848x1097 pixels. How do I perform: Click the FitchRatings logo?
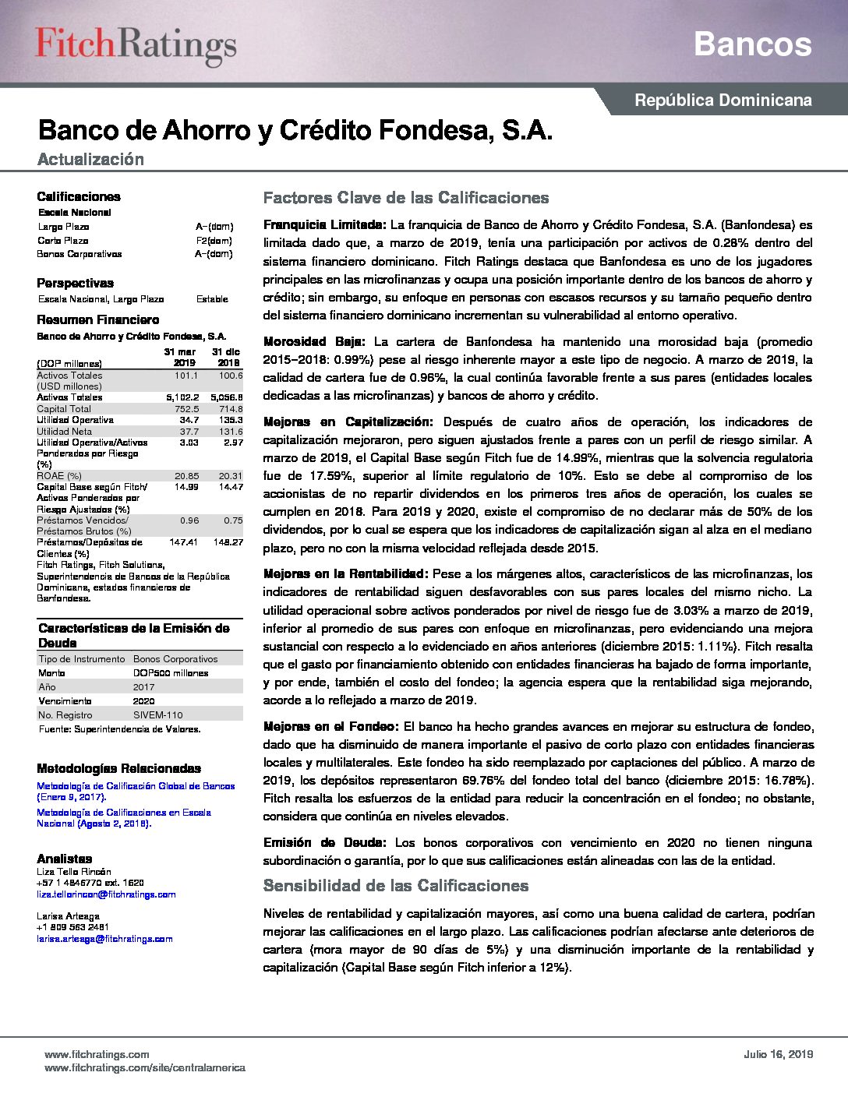point(136,45)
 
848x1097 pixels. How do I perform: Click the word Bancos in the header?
point(752,44)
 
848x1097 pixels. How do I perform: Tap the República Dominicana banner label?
point(723,101)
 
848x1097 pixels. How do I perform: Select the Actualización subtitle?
point(90,160)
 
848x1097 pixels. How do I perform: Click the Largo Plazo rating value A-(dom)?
point(214,227)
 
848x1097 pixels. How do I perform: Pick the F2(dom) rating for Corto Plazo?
point(214,241)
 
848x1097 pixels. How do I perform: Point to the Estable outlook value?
point(212,299)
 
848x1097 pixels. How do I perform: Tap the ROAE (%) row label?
point(59,476)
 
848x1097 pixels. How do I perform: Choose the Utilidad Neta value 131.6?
point(230,432)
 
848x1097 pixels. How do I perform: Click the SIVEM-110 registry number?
point(157,715)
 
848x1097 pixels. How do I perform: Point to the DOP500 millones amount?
point(170,673)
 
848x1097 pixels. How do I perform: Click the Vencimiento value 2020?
point(143,701)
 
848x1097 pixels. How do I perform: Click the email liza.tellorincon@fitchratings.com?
point(106,894)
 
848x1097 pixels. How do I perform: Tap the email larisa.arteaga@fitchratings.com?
point(104,939)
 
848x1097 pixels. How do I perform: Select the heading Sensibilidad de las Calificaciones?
point(396,886)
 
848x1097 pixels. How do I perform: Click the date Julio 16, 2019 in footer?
point(778,1054)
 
